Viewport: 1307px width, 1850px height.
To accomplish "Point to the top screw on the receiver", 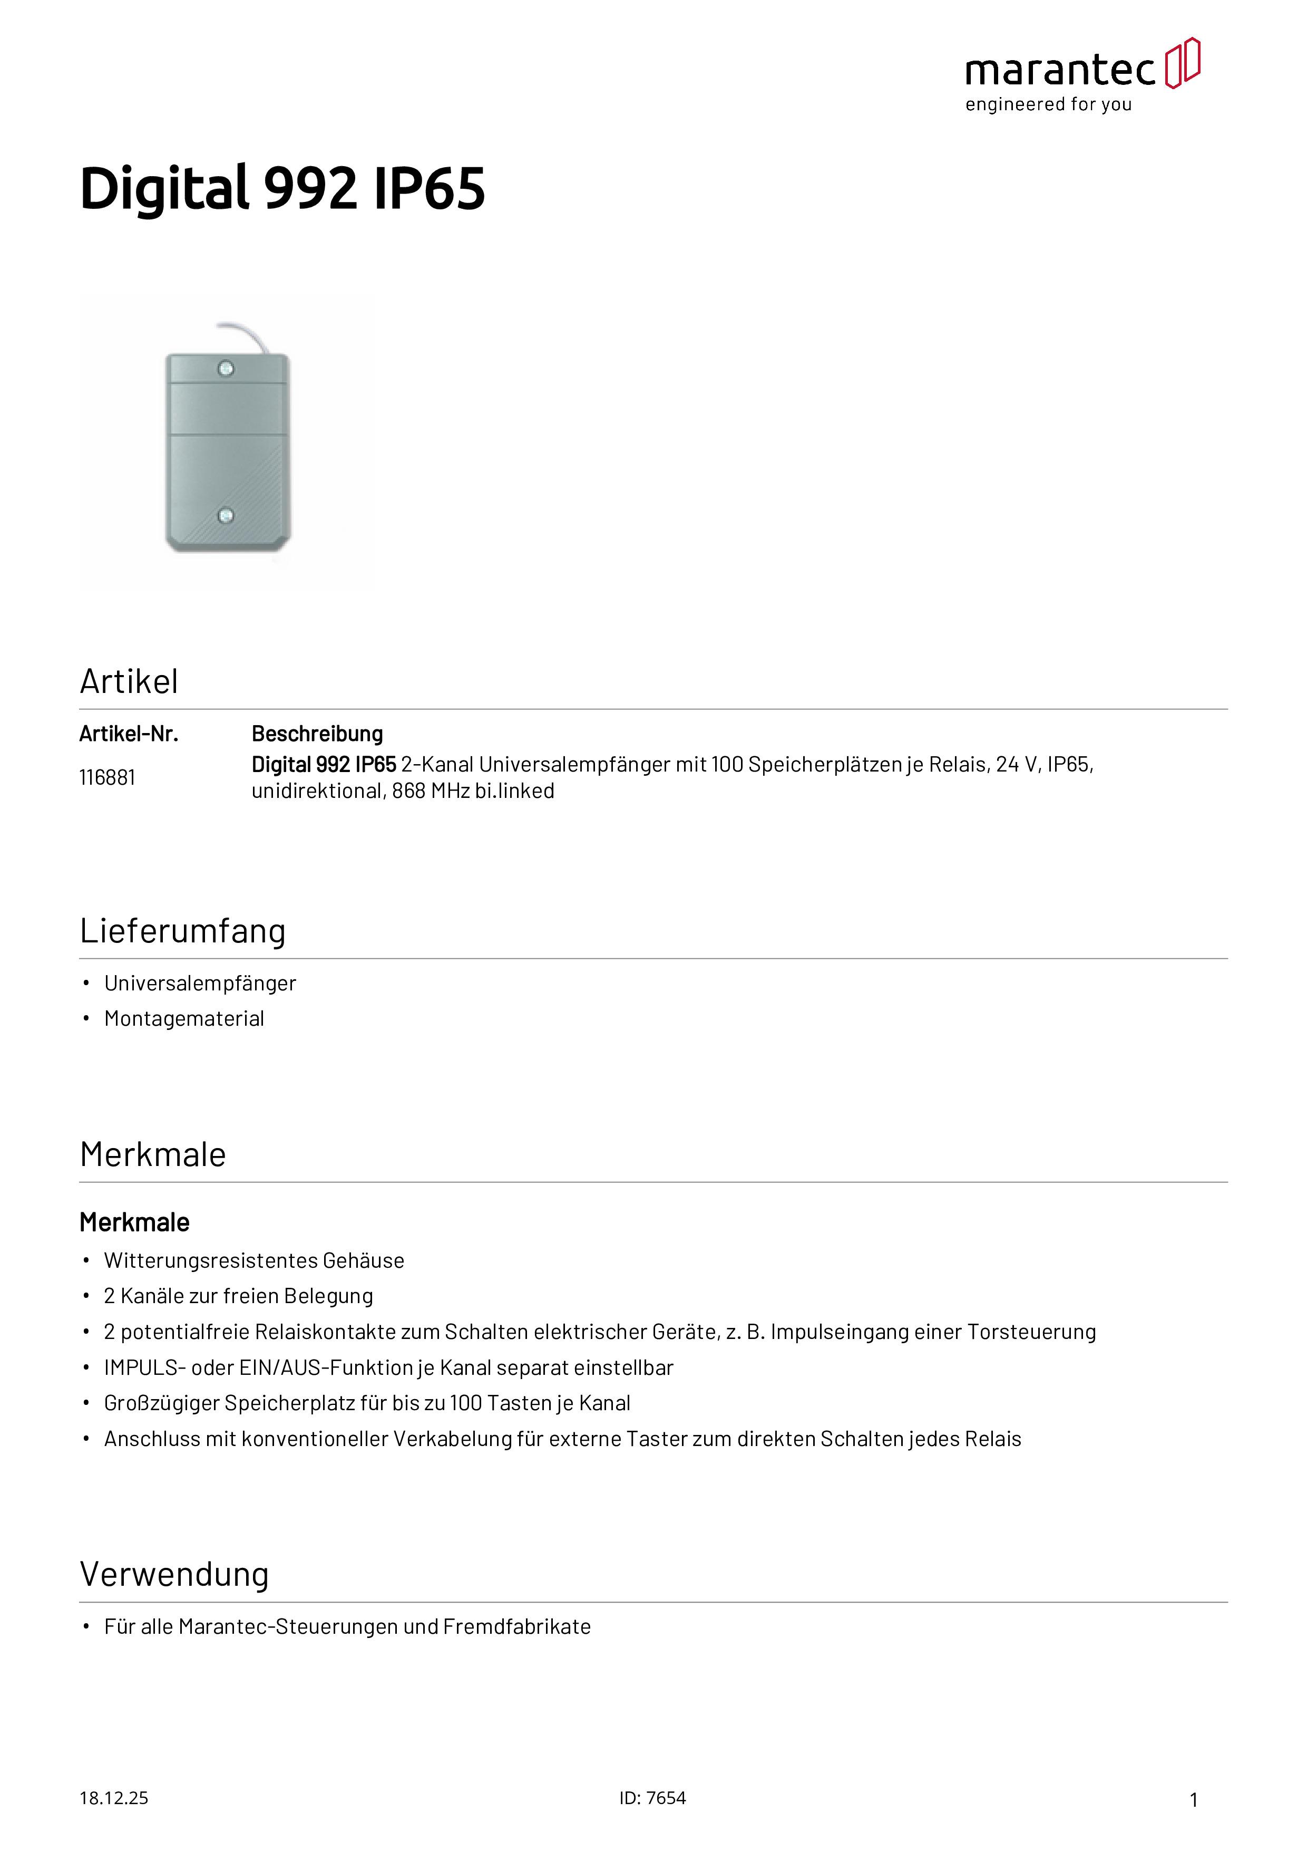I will pos(226,369).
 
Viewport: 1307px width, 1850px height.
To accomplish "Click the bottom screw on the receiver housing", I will pos(226,515).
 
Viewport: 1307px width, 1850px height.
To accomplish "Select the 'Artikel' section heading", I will pos(129,682).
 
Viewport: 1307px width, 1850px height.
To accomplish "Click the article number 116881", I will pos(107,777).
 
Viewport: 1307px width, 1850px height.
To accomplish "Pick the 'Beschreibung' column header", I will pos(317,734).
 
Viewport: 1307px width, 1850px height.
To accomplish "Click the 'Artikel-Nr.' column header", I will pos(129,734).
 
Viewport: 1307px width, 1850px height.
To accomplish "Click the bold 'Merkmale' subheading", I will pos(134,1222).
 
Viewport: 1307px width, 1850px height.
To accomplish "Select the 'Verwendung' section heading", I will pos(174,1574).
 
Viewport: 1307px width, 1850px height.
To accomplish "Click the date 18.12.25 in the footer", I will pos(113,1798).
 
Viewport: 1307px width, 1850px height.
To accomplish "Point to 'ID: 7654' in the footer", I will pos(652,1798).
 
